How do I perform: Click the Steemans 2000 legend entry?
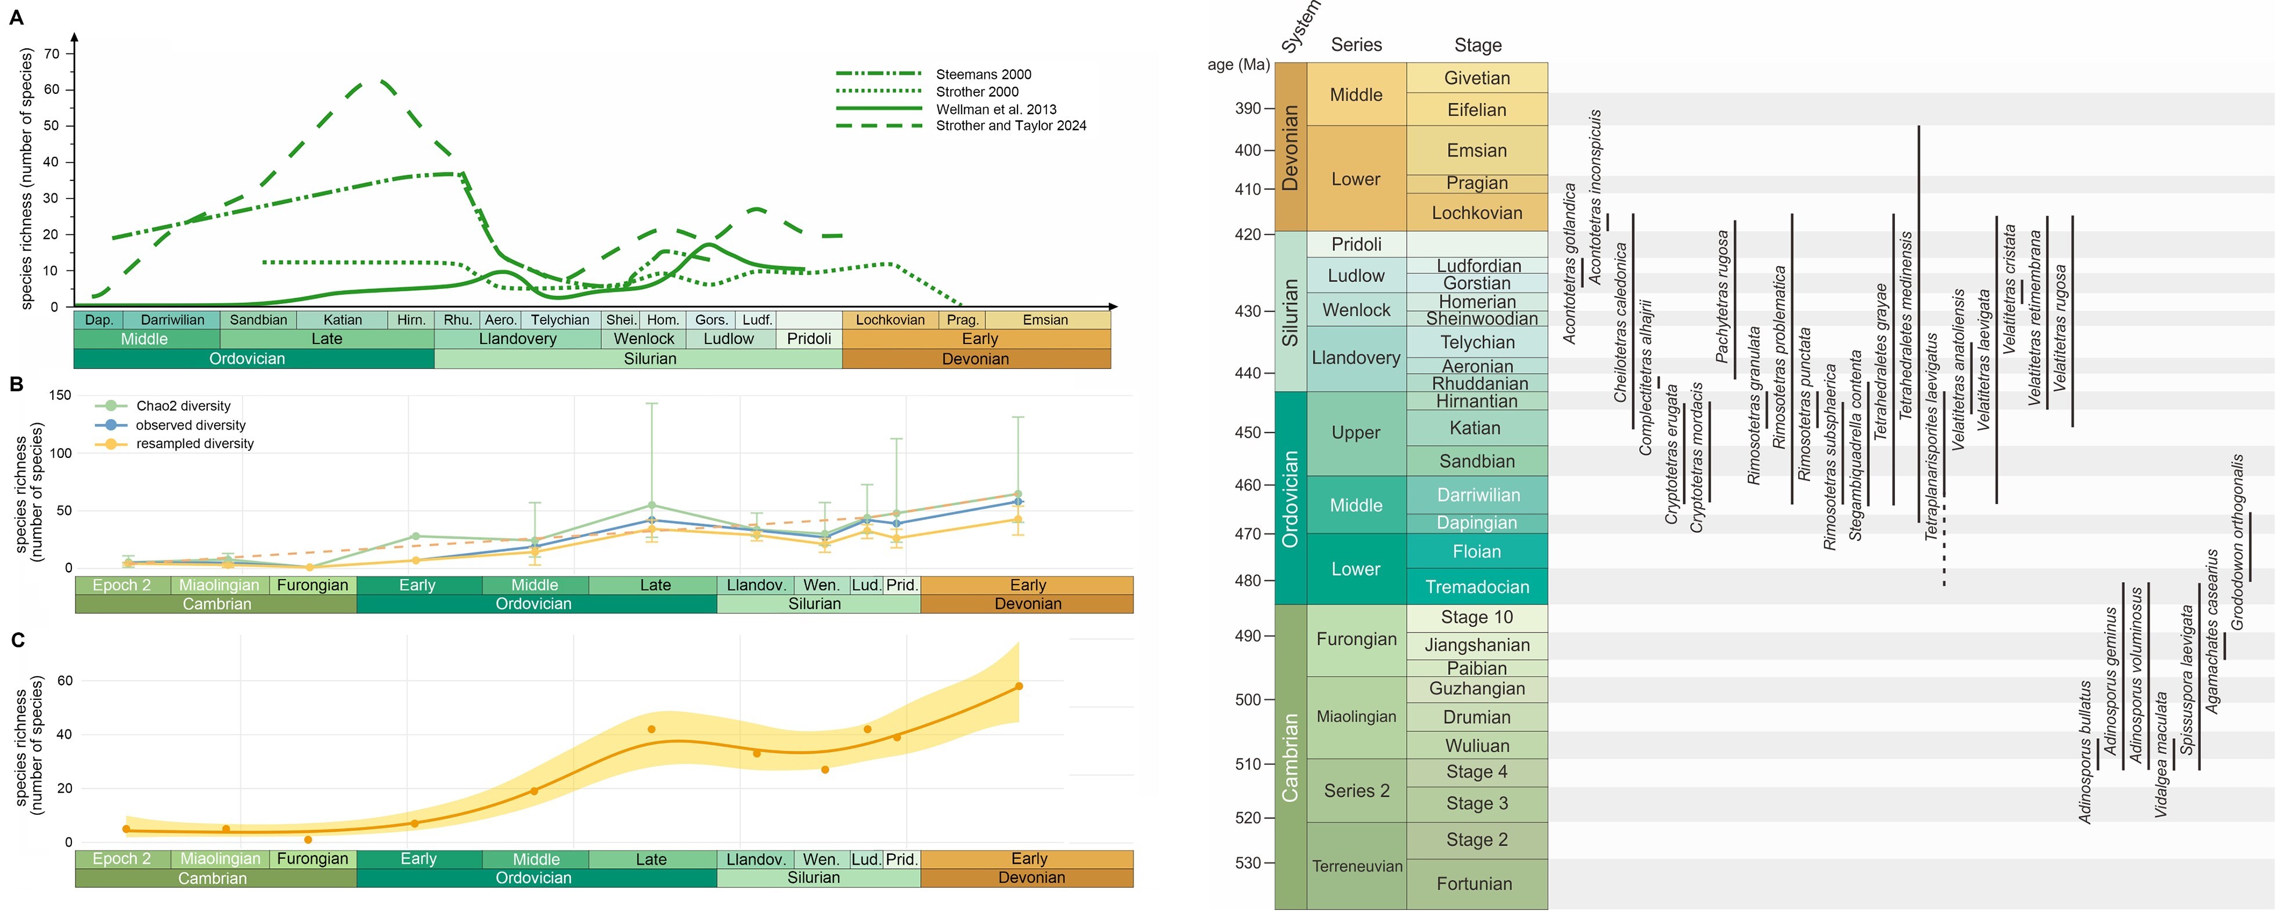[x=983, y=74]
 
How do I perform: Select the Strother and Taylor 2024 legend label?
[x=1010, y=126]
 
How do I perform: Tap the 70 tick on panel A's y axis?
[x=52, y=53]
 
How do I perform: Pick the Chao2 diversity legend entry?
[x=183, y=406]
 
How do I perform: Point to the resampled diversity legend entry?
[x=194, y=443]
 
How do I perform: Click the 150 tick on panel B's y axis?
[x=60, y=396]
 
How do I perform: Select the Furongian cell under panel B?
[x=312, y=586]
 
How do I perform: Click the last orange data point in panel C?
[x=1019, y=686]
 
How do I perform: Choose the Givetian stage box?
[x=1477, y=78]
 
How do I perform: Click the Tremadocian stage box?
[x=1477, y=587]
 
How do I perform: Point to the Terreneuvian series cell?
[x=1357, y=866]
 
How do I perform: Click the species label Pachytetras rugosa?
[x=1723, y=297]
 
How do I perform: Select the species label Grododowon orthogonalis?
[x=2237, y=542]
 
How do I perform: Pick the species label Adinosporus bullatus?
[x=2085, y=752]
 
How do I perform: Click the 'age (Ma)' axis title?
[x=1239, y=65]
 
